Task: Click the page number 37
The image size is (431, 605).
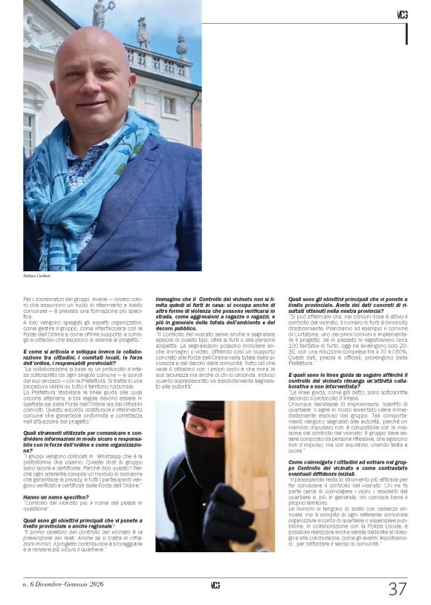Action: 398,589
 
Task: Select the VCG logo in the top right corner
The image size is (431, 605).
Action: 402,14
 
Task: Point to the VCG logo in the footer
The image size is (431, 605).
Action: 215,585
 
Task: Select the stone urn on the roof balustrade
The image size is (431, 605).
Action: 181,47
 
